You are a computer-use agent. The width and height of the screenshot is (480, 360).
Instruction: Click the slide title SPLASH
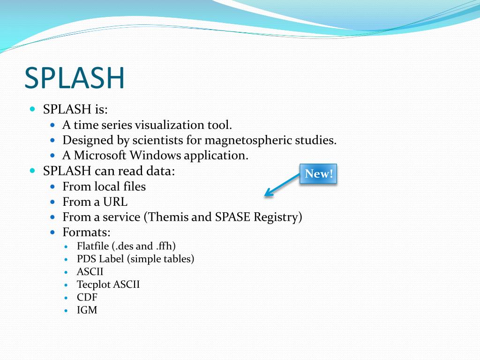click(x=75, y=78)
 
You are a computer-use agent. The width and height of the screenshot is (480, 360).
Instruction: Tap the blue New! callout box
click(x=318, y=174)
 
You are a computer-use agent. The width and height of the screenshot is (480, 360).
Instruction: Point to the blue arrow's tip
click(x=265, y=195)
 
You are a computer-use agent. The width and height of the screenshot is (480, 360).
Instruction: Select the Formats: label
click(x=87, y=232)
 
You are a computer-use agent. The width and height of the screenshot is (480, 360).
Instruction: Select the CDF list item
click(x=87, y=297)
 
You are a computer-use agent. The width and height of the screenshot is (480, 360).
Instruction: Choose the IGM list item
click(x=87, y=309)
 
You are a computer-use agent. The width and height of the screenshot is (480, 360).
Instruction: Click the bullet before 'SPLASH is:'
click(x=32, y=109)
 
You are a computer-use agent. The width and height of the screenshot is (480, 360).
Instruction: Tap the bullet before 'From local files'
click(x=52, y=187)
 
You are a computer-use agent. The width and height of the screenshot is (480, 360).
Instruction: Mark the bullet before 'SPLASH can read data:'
click(x=32, y=171)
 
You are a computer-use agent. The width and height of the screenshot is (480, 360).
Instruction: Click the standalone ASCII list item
click(x=90, y=271)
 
